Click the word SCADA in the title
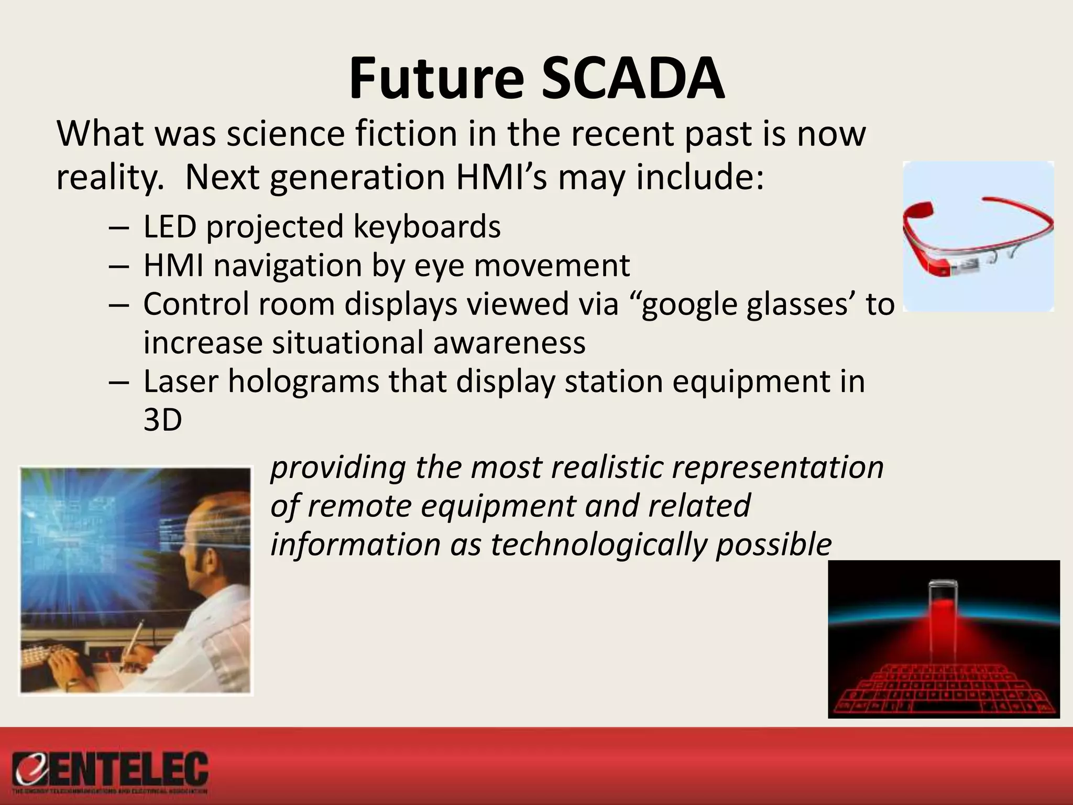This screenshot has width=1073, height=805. tap(633, 80)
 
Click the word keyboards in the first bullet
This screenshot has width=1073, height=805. tap(426, 227)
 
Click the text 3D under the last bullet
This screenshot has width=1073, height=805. tap(162, 420)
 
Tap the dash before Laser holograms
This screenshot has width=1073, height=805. tap(119, 382)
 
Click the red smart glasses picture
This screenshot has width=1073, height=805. tap(978, 236)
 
